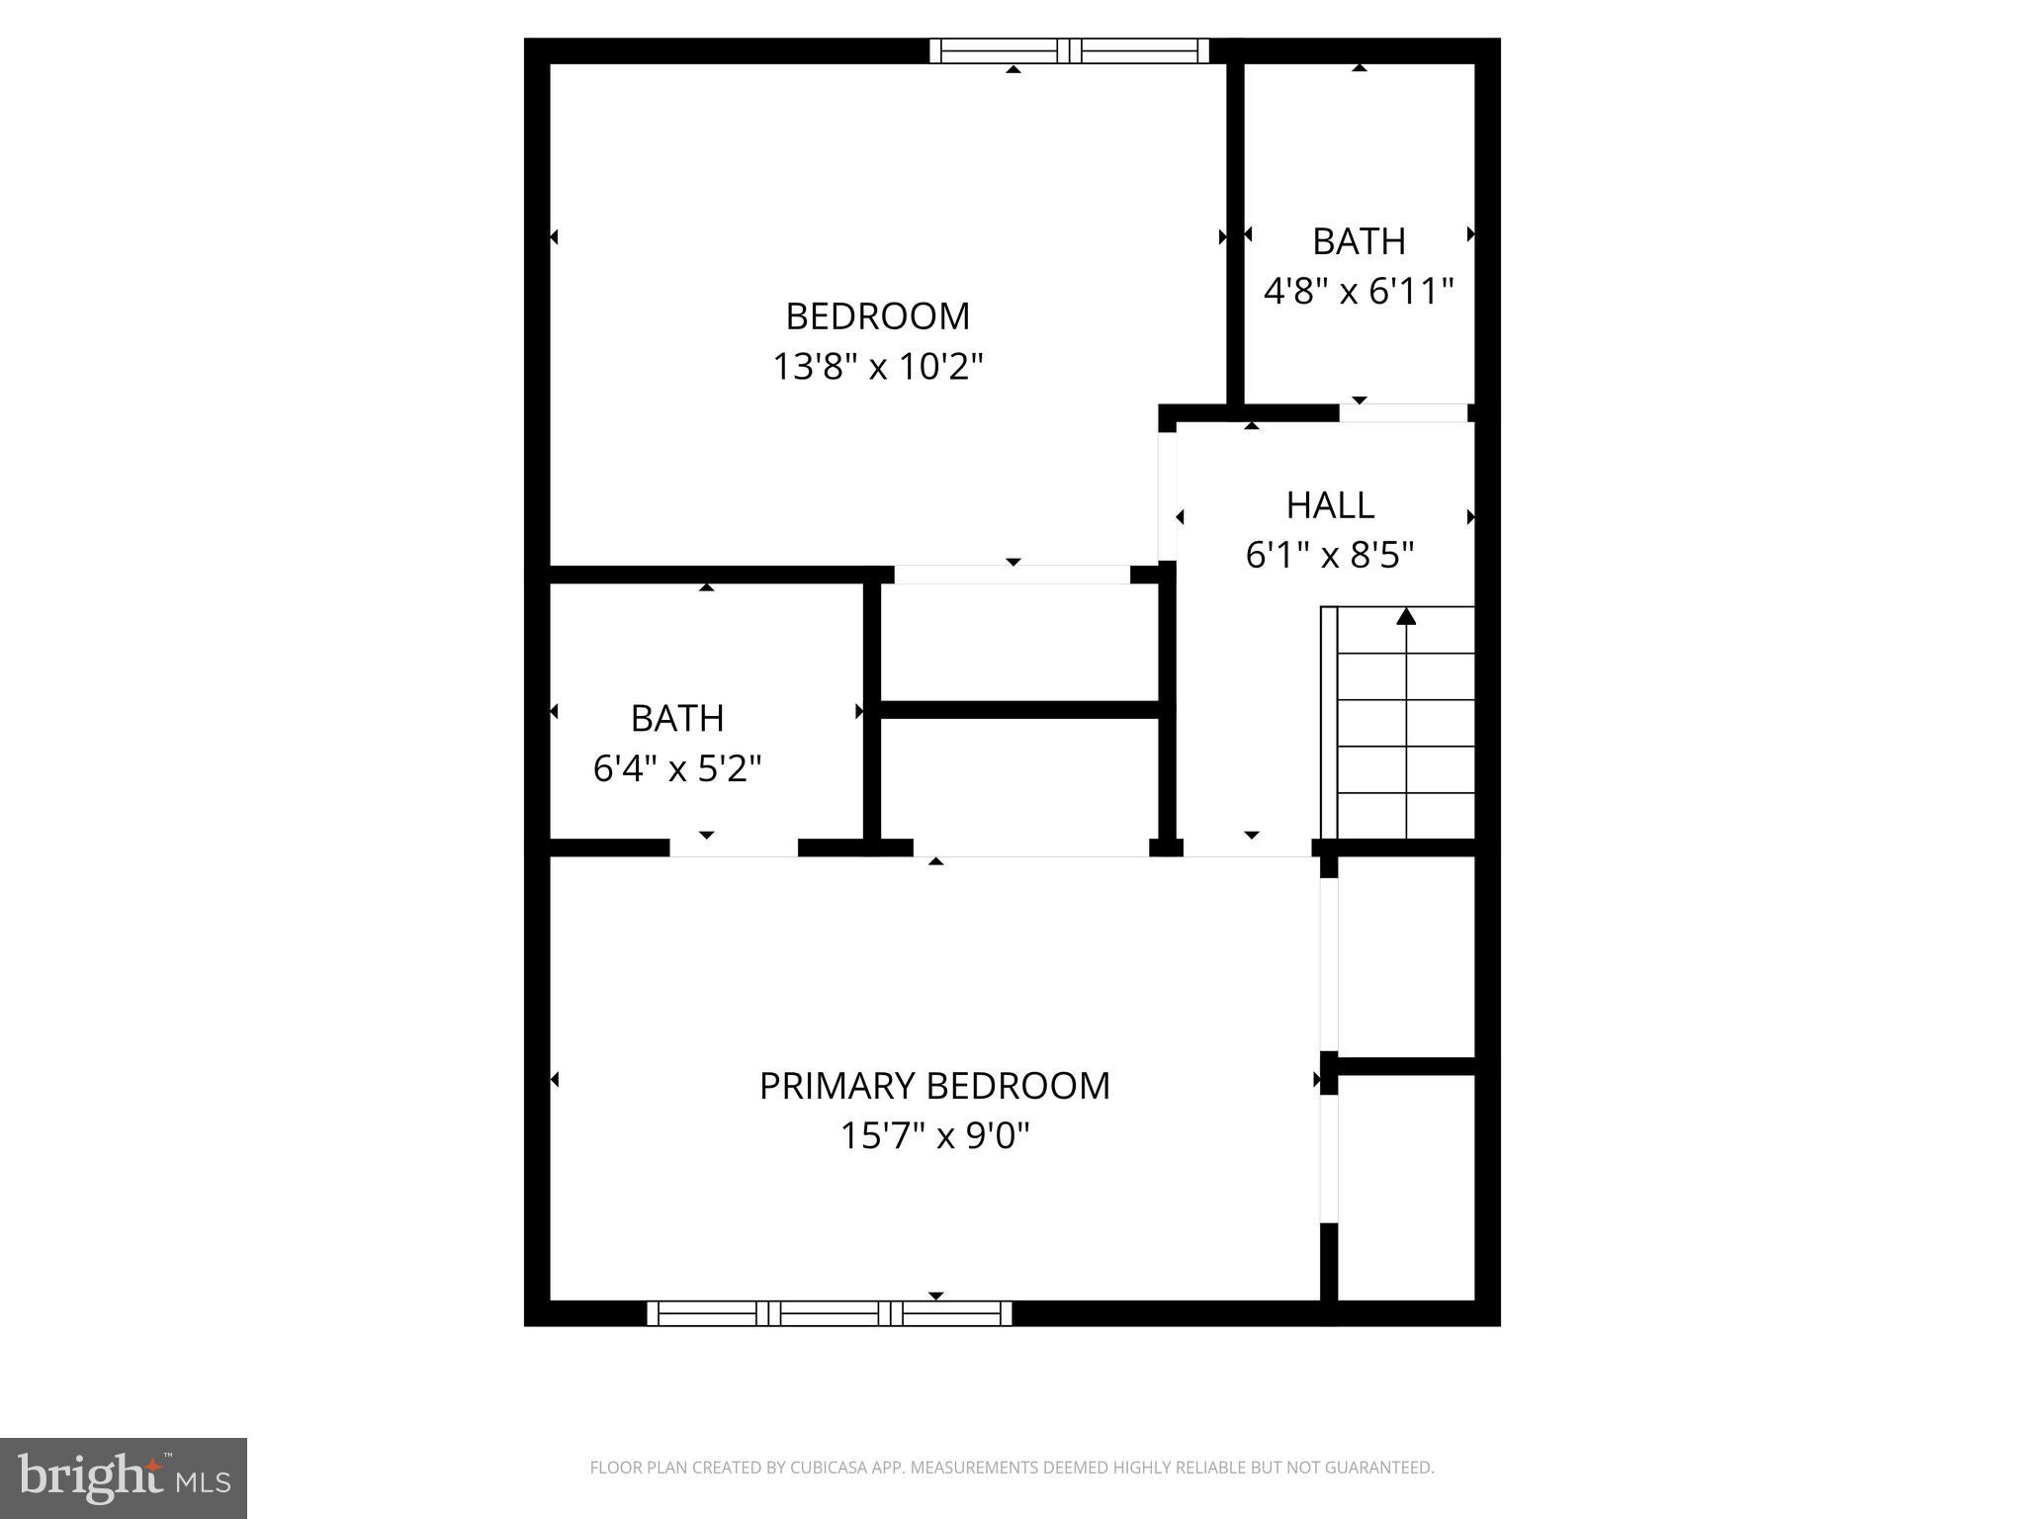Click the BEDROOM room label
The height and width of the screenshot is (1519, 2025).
877,316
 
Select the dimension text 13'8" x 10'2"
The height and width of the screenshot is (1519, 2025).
877,367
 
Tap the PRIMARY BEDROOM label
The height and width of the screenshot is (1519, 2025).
934,1086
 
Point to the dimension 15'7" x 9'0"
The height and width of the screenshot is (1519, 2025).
934,1135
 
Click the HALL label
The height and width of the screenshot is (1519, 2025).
1330,505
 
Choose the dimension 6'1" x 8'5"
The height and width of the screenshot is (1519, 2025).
1330,555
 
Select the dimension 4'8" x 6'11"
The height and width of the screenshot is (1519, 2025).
1359,291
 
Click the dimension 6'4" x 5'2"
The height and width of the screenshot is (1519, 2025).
677,767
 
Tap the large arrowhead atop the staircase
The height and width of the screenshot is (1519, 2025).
1406,617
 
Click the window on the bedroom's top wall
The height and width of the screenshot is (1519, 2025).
1069,50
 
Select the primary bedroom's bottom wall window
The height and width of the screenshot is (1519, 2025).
829,1313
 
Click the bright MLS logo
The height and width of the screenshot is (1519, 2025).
124,1477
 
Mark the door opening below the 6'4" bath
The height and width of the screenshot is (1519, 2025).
734,848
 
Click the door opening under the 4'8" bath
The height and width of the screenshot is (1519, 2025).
1403,412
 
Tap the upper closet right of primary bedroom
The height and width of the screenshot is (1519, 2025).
1405,956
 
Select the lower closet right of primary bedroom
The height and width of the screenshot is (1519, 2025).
1405,1187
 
